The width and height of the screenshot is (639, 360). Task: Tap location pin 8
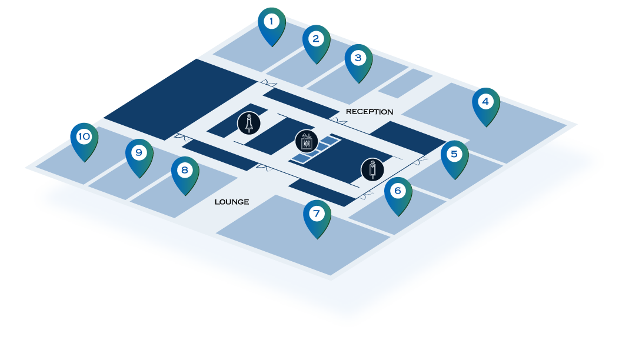pos(185,172)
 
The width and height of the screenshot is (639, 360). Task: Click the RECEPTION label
pos(369,112)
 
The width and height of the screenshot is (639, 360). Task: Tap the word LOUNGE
pos(231,202)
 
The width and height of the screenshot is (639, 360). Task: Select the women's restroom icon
pos(249,123)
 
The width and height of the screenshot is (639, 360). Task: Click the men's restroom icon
pos(372,169)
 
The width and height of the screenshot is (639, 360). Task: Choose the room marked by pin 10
pos(65,165)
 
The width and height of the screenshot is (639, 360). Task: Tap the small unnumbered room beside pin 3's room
pos(405,84)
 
